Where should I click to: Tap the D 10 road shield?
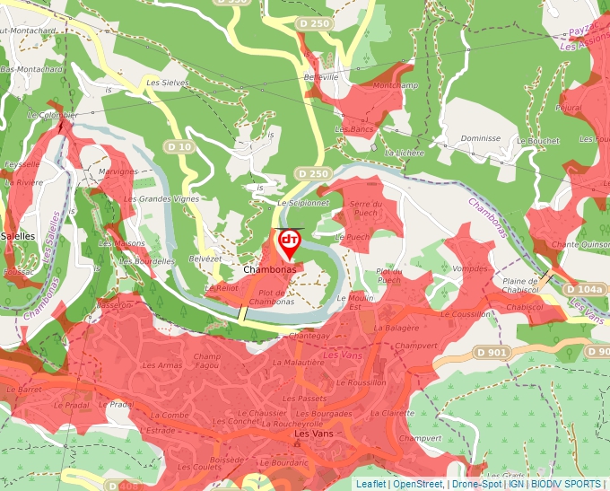pyautogui.click(x=179, y=146)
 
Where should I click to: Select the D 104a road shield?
pyautogui.click(x=585, y=290)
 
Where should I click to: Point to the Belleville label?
pyautogui.click(x=322, y=77)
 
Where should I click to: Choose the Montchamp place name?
pyautogui.click(x=396, y=85)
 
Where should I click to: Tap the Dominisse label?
pyautogui.click(x=480, y=139)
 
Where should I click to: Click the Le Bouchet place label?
pyautogui.click(x=537, y=141)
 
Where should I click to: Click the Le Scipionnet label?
pyautogui.click(x=303, y=203)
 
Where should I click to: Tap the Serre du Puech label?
pyautogui.click(x=365, y=209)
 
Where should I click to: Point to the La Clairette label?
pyautogui.click(x=393, y=413)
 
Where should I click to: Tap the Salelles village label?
pyautogui.click(x=18, y=236)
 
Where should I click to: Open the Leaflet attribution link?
pyautogui.click(x=370, y=484)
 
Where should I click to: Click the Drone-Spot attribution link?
pyautogui.click(x=475, y=484)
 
